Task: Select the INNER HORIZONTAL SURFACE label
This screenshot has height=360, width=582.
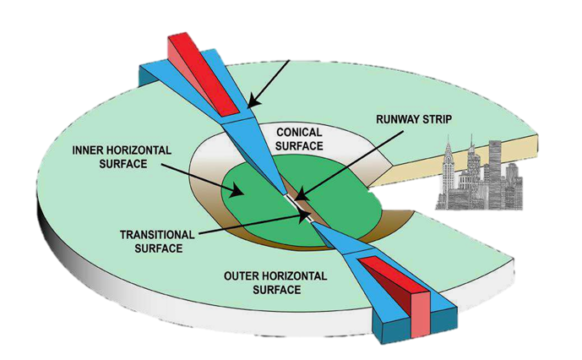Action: (x=124, y=157)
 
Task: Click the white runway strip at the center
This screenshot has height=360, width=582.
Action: (x=296, y=205)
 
